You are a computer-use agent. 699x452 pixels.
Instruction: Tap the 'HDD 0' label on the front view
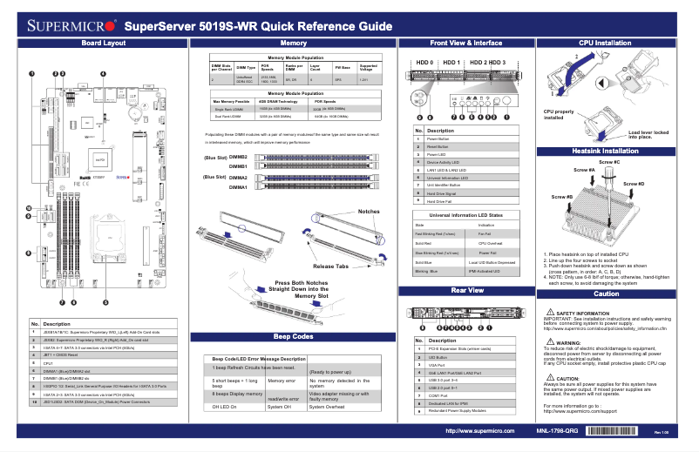[x=424, y=64]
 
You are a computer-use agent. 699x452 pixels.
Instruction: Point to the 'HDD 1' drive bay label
[x=451, y=64]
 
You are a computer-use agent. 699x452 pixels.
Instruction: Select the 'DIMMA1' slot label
[x=237, y=187]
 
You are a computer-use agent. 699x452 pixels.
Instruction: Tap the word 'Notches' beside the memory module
[x=368, y=212]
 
